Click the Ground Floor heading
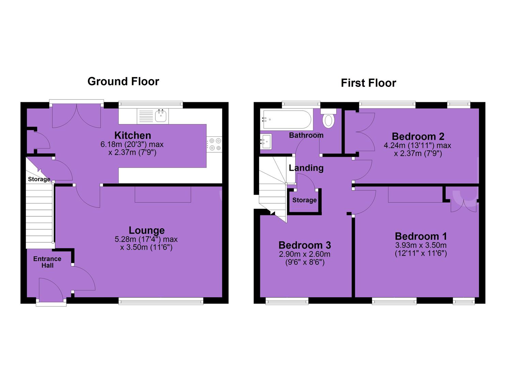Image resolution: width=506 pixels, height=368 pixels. click(123, 81)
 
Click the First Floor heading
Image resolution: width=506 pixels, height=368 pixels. click(368, 83)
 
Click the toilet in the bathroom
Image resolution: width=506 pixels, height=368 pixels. click(328, 118)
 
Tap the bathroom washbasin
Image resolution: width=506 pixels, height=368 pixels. click(266, 141)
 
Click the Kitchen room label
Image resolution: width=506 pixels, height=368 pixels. click(133, 135)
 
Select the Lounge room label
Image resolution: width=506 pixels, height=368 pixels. click(147, 230)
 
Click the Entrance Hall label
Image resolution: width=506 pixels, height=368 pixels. click(47, 262)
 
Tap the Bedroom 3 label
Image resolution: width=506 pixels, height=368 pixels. click(305, 245)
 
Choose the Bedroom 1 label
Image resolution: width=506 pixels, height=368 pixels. click(421, 236)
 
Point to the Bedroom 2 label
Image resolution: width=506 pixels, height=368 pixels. click(418, 136)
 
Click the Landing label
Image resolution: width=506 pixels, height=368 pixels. click(306, 168)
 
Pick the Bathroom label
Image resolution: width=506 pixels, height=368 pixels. click(306, 135)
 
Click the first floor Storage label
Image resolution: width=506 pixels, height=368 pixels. click(305, 200)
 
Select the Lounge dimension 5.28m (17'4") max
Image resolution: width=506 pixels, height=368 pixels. click(146, 239)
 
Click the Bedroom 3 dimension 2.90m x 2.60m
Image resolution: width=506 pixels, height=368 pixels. click(305, 254)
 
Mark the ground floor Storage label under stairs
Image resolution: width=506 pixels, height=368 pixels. click(39, 179)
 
